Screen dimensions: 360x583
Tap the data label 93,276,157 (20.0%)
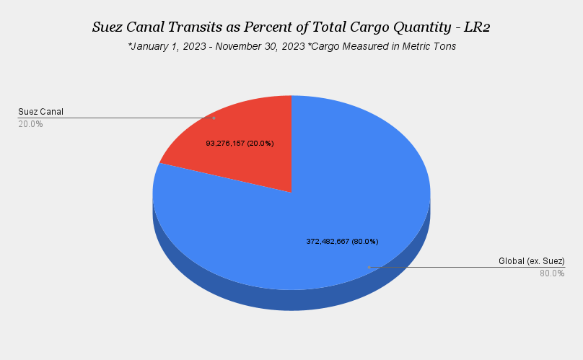(240, 144)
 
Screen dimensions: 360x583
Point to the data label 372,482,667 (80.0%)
(342, 241)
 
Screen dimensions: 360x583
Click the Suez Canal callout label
(41, 112)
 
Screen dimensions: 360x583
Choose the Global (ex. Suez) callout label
(531, 260)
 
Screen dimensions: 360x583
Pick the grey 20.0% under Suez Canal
(30, 124)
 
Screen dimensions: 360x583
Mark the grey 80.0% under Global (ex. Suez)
(552, 273)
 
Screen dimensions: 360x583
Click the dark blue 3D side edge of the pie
(216, 285)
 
